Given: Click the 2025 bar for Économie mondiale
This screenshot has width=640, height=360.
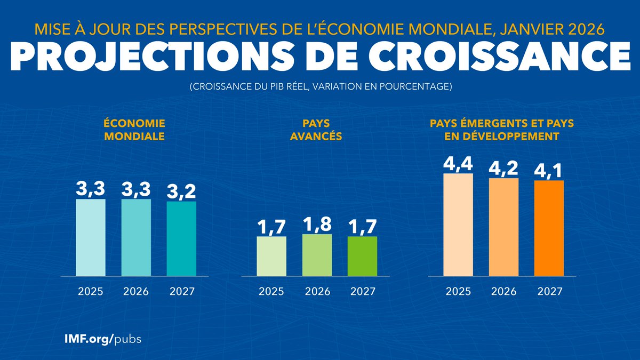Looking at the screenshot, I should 90,237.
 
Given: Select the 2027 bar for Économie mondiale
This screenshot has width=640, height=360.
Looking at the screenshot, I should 181,238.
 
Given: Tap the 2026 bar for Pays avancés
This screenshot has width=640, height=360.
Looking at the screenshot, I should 317,255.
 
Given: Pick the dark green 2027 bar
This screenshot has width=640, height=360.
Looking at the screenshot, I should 362,256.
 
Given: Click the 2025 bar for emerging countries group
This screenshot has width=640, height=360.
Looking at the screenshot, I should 458,225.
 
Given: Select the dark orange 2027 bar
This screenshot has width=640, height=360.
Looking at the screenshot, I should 549,228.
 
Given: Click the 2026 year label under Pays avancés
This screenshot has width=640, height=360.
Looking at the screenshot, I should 317,292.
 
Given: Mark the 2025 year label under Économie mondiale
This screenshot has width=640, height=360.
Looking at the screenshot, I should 90,292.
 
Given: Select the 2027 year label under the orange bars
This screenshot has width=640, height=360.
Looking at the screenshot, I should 549,292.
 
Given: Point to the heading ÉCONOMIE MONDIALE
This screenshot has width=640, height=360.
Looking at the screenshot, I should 134,130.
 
